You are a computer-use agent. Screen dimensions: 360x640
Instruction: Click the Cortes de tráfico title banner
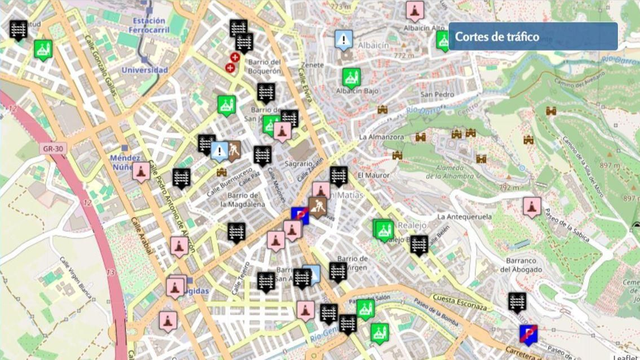[x=533, y=36]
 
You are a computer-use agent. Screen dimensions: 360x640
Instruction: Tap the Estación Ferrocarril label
[x=149, y=25]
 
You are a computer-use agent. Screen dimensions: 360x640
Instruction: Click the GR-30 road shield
[x=53, y=149]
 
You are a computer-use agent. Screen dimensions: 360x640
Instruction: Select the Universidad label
[x=145, y=70]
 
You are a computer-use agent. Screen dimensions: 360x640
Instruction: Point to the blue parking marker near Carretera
[x=528, y=334]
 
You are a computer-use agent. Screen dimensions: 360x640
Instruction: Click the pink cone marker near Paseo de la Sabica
[x=532, y=206]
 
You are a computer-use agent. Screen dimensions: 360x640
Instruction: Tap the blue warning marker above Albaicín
[x=343, y=40]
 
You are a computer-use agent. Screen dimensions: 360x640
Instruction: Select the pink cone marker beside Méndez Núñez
[x=141, y=171]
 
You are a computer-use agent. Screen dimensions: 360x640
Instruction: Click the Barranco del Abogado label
[x=521, y=265]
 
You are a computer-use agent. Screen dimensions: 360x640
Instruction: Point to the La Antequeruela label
[x=464, y=216]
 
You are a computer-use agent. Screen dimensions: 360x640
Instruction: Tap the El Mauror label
[x=373, y=175]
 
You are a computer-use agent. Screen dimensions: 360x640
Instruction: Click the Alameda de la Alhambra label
[x=450, y=172]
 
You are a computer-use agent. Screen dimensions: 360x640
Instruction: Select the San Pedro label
[x=437, y=94]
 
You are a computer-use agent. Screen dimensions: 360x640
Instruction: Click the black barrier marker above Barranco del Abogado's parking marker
[x=517, y=302]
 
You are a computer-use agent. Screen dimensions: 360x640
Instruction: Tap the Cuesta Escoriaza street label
[x=460, y=302]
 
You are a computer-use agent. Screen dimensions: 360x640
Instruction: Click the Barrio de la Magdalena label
[x=242, y=200]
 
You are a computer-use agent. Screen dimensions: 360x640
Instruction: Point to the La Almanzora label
[x=381, y=137]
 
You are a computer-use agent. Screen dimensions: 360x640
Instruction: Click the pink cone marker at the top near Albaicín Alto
[x=415, y=11]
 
